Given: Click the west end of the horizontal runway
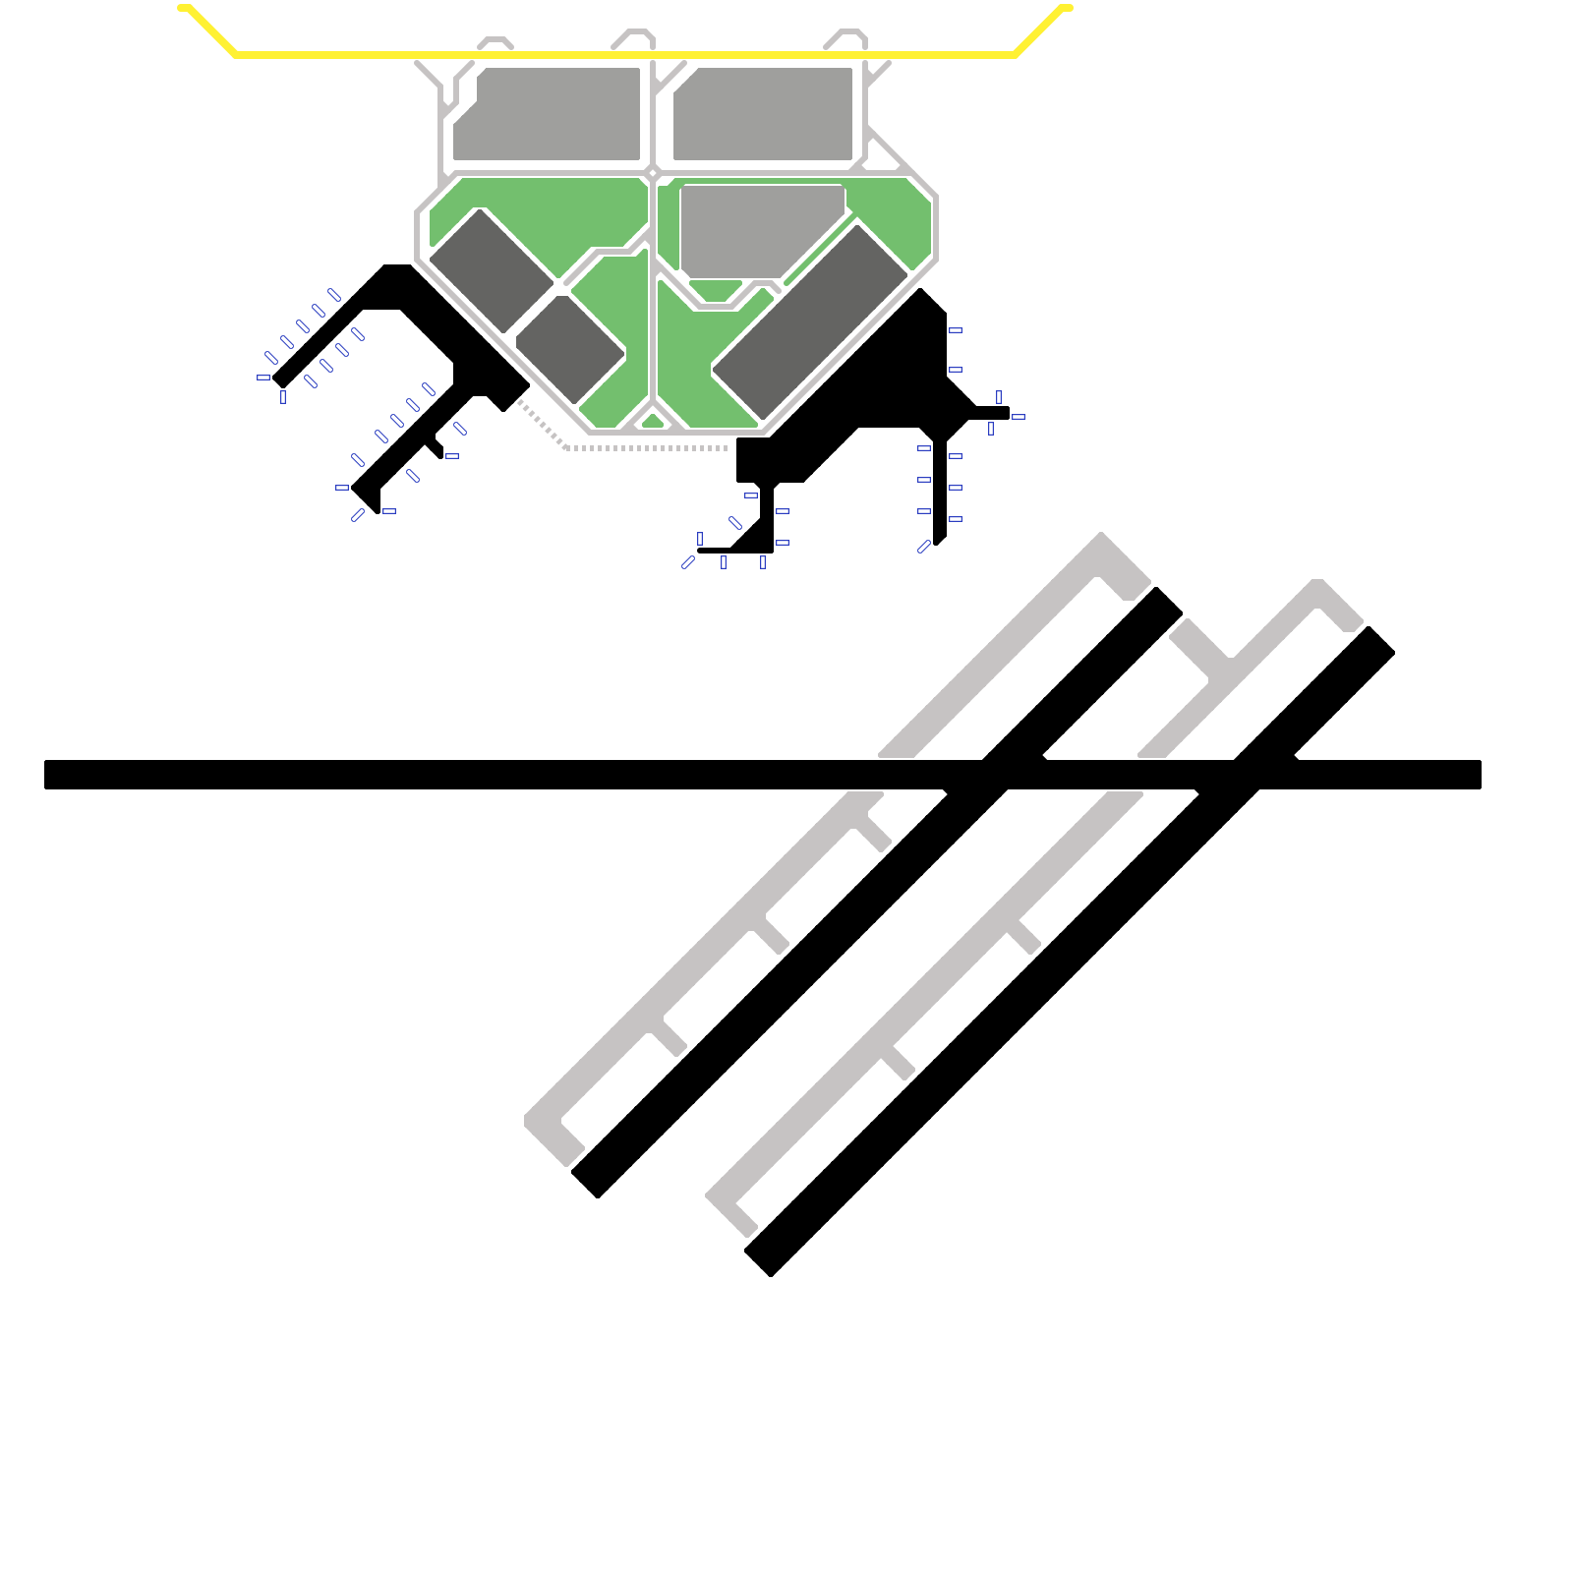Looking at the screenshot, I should click(x=49, y=775).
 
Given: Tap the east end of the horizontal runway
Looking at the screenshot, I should click(x=1477, y=775).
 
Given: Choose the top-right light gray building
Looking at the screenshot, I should click(x=762, y=113).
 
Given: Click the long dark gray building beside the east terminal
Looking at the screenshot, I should click(x=810, y=321).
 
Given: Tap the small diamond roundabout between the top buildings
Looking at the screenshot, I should click(x=652, y=173).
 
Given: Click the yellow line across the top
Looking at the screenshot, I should click(x=625, y=55).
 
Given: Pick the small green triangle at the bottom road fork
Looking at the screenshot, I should click(x=653, y=422).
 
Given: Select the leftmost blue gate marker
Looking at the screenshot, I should click(x=263, y=378).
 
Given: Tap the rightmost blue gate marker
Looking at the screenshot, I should click(x=1019, y=417).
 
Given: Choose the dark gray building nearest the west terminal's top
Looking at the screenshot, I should click(x=492, y=270).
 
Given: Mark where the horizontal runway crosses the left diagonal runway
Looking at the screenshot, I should click(x=993, y=775).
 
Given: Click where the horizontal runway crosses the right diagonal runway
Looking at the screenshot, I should click(x=1245, y=775).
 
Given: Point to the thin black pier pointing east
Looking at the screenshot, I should click(x=990, y=413).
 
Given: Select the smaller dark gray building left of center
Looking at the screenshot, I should click(x=570, y=349).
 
